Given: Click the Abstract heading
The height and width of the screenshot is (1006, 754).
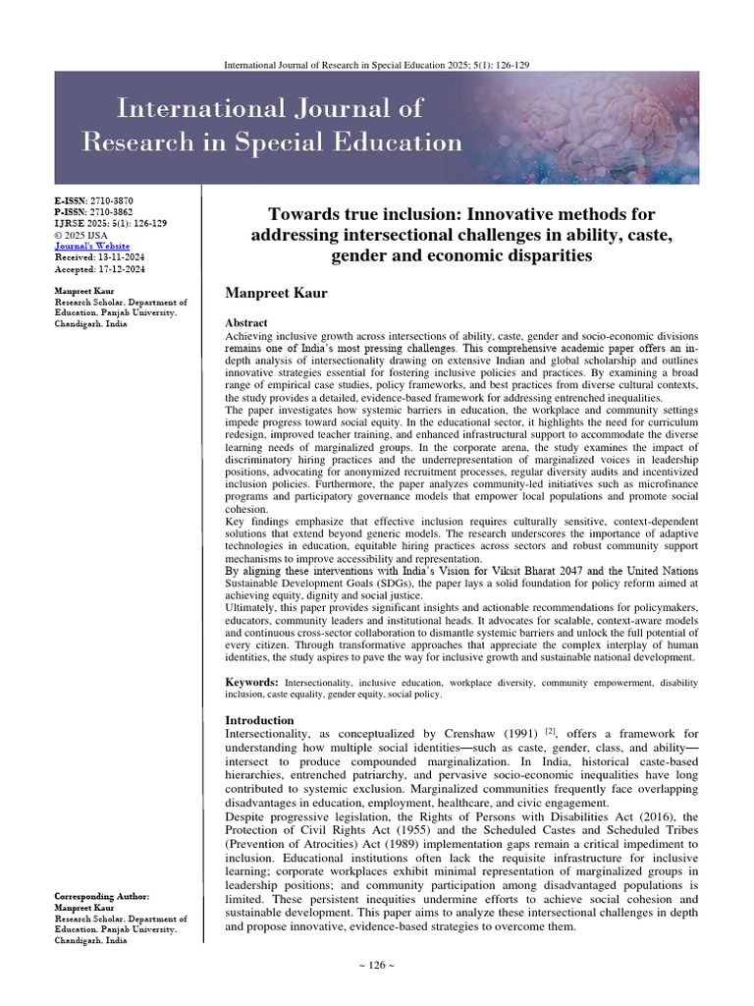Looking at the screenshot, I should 246,323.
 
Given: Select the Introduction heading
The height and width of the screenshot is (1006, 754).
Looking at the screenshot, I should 260,720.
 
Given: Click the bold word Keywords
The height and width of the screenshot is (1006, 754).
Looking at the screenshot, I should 251,682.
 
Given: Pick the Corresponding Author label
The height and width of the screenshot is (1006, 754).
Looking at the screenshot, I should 102,897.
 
